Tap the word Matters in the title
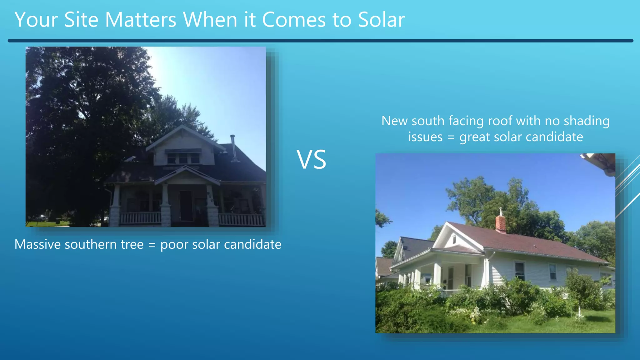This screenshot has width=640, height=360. point(141,20)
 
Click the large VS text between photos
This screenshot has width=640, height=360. point(311,160)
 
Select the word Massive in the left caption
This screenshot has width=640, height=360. point(37,244)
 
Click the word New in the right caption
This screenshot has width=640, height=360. point(395,121)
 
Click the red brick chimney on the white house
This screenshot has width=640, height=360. point(501,223)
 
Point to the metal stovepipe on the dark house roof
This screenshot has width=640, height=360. point(233,148)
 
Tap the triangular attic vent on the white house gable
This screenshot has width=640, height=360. point(454,239)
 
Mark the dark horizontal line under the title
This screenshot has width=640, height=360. point(320,41)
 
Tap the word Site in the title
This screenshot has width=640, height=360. point(81,20)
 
